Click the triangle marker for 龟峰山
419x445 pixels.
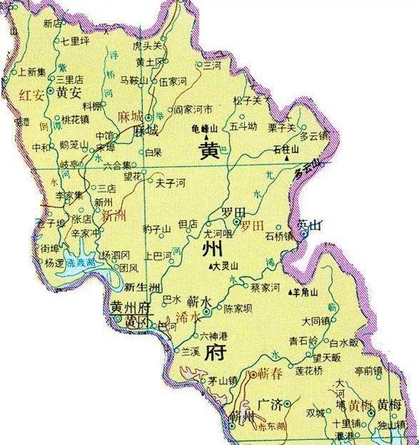point(208,136)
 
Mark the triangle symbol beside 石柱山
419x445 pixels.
point(294,150)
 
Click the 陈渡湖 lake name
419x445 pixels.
point(80,262)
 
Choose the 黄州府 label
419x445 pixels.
point(132,307)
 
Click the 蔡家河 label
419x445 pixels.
point(266,287)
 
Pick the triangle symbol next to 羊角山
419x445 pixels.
point(290,292)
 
